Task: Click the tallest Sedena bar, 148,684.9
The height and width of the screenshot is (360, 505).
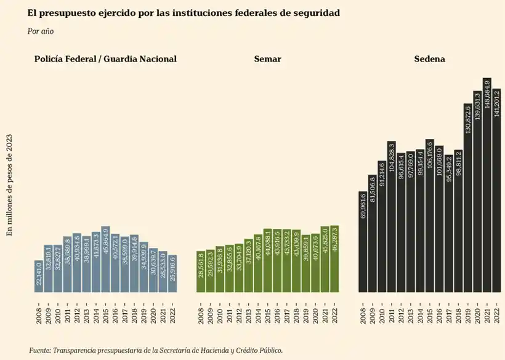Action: coord(487,185)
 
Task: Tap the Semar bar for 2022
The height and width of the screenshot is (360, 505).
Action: coord(334,258)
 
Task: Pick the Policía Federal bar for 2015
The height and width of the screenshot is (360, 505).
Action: coord(105,259)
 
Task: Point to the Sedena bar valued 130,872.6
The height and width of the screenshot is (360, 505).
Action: coord(467,197)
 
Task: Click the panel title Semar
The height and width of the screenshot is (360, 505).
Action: coord(267,59)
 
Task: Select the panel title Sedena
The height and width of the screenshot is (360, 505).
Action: coord(430,59)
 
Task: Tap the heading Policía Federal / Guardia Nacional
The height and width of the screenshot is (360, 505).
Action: coord(106,59)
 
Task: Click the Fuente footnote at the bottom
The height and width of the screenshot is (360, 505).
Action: coord(156,350)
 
